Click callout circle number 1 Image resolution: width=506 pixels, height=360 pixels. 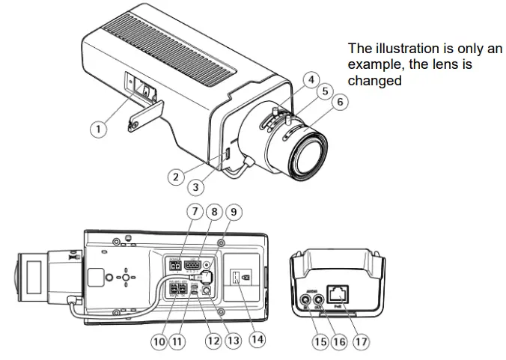[97, 128]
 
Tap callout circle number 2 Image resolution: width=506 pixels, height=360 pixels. [176, 177]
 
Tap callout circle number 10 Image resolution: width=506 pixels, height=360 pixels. [159, 341]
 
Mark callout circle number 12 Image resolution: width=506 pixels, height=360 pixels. [213, 341]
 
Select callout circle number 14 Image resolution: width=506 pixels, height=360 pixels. [257, 341]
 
